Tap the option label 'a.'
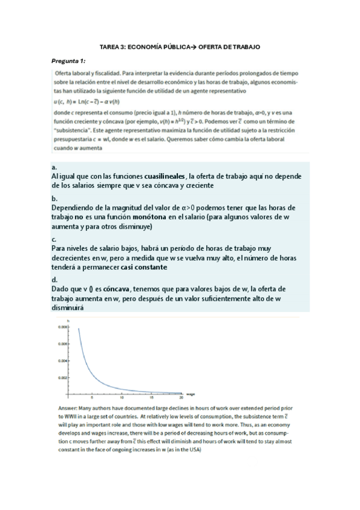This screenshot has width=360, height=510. coord(54,167)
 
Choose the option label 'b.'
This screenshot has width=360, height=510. coord(54,198)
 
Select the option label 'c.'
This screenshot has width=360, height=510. coord(54,239)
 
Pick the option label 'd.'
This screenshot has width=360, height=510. coord(54,280)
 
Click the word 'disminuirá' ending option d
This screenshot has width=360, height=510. coord(67,307)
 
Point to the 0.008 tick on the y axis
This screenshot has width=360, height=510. coord(63,327)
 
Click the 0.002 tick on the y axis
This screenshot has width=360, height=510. coord(63,378)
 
